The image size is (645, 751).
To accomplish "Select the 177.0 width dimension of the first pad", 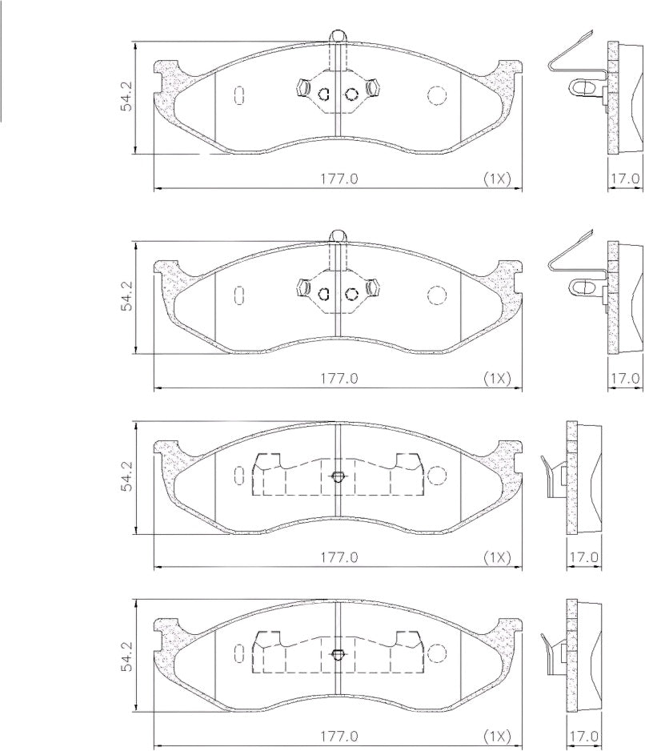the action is click(x=339, y=179).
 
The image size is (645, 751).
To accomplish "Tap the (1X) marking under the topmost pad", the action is click(x=497, y=179).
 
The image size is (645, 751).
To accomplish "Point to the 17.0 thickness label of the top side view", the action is click(x=624, y=179).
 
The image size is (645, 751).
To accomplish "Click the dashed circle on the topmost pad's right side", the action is click(x=436, y=95).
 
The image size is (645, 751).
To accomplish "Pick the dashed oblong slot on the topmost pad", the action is click(x=239, y=94).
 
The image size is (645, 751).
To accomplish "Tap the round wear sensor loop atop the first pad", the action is click(x=339, y=36).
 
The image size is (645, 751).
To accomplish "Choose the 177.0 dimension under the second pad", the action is click(x=339, y=379).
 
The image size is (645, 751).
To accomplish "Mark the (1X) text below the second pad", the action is click(x=497, y=379).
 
